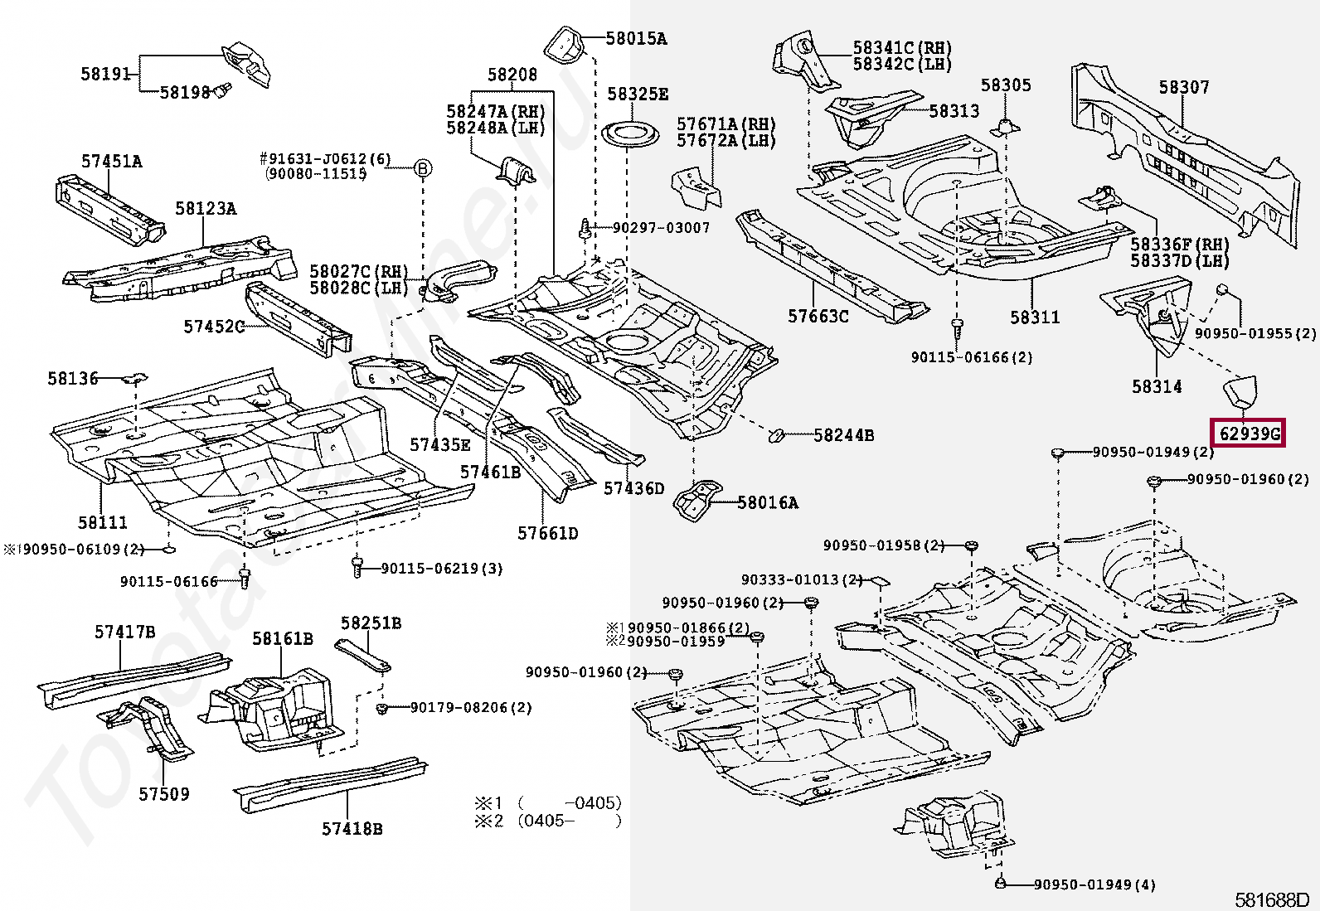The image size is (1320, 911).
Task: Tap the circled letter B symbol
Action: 423,169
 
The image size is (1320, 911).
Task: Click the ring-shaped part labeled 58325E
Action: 627,133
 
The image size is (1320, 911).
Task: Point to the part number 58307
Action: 1183,87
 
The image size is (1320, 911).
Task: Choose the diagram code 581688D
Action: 1271,899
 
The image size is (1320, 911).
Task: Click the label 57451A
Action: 111,161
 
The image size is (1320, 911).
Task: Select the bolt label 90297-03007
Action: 661,227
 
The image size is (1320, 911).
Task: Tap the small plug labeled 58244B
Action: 777,434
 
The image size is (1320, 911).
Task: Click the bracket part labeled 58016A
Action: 695,502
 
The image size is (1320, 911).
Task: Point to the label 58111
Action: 103,522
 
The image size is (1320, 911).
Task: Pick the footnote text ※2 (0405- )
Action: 547,821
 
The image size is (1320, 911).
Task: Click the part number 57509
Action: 163,794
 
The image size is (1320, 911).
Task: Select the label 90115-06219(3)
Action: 441,569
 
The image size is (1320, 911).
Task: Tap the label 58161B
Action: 283,638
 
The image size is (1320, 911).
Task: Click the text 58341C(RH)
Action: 901,48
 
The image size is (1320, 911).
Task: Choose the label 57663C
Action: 818,316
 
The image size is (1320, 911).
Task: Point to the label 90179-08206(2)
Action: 470,707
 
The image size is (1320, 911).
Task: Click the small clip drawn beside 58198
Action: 222,89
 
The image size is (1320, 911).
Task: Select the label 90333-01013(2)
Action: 802,579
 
